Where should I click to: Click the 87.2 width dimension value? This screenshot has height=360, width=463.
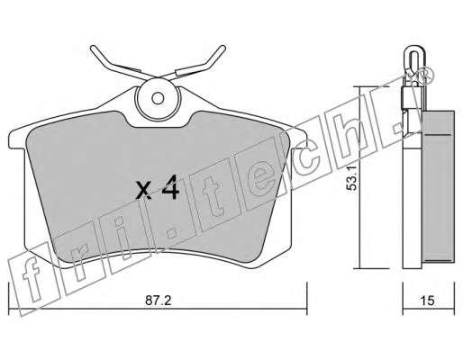[x=158, y=301]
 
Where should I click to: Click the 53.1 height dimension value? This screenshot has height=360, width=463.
[x=351, y=178]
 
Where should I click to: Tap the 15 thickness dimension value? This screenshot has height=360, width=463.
[x=427, y=301]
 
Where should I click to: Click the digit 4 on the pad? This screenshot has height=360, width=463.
[x=170, y=187]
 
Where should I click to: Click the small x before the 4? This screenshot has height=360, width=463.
[x=143, y=191]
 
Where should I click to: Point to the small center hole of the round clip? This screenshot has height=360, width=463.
[x=158, y=98]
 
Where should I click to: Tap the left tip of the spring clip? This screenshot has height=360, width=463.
[x=93, y=48]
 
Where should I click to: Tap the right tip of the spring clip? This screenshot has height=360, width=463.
[x=222, y=48]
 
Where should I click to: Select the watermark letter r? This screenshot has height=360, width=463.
[x=79, y=262]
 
